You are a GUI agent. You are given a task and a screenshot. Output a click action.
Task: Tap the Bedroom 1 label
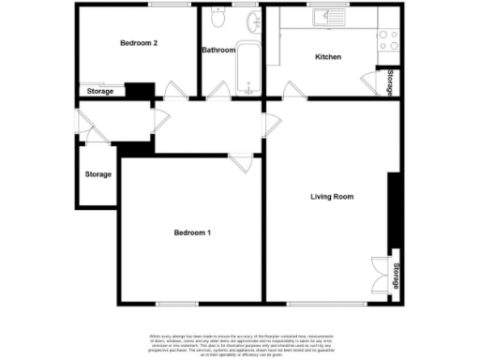coord(191,232)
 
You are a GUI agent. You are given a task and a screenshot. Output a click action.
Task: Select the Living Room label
coord(332,196)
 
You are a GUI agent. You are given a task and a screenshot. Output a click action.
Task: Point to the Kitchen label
coord(328,57)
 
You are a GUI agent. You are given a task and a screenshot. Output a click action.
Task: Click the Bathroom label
coord(218,50)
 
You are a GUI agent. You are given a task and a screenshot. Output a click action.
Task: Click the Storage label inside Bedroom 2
coord(100,91)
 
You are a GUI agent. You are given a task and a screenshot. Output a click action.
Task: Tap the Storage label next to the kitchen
coord(389,82)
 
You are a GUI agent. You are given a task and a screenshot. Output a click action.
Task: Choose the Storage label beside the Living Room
coord(397,276)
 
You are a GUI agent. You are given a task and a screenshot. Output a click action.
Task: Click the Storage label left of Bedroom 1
coord(97,174)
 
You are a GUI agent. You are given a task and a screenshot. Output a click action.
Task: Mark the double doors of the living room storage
coord(379,275)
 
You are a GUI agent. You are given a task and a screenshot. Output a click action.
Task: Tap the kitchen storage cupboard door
coord(368,84)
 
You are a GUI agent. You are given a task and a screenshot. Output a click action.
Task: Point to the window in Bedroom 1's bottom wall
coord(176,303)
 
